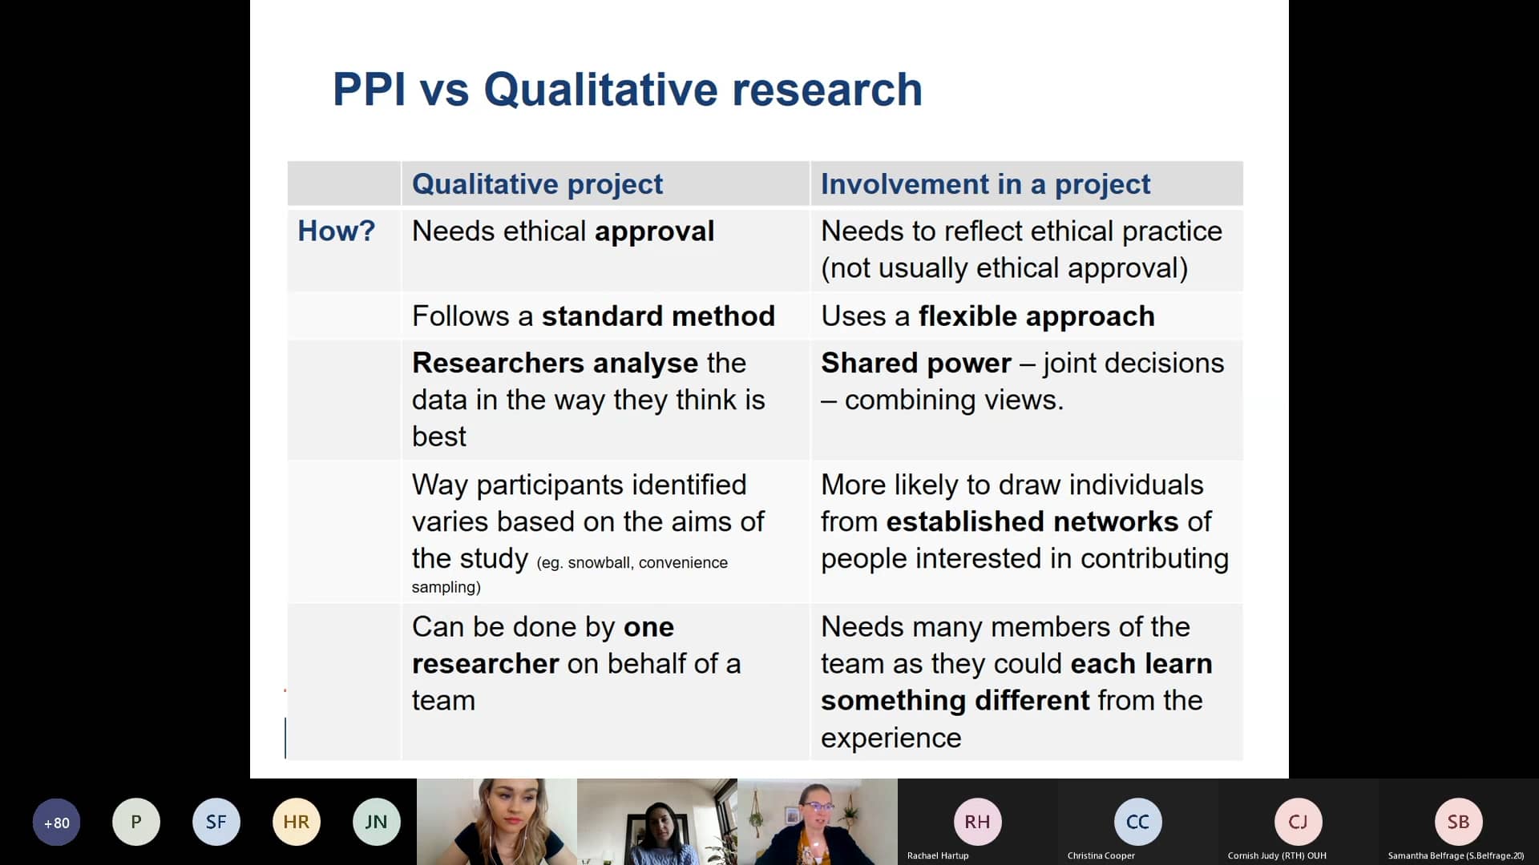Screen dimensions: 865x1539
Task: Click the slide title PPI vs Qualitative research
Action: point(627,89)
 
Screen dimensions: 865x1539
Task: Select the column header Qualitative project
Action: point(537,184)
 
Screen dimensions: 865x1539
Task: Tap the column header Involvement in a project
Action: point(985,184)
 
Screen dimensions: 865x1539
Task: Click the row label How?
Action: point(336,231)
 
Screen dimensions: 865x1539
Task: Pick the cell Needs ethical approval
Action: point(563,231)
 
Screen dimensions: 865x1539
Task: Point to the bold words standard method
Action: point(658,316)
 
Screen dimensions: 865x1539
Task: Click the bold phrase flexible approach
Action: point(1036,316)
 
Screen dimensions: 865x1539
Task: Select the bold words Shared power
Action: point(915,364)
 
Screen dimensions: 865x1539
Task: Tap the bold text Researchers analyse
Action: point(555,364)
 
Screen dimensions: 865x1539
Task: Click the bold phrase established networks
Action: point(1032,522)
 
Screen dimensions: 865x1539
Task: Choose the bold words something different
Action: point(955,701)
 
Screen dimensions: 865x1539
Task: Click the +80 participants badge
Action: point(56,823)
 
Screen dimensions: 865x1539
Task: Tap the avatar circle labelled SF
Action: point(216,822)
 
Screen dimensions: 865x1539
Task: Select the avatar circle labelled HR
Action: point(296,822)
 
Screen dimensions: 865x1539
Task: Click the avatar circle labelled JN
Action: point(376,822)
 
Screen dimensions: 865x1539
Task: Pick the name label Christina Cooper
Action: point(1101,855)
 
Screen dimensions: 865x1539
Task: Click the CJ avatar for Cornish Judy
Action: point(1298,822)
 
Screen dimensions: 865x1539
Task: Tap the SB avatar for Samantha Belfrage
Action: point(1458,822)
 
